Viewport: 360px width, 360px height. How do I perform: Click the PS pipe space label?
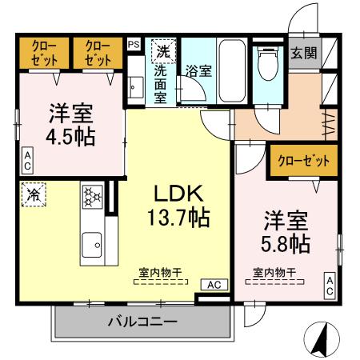[x=133, y=46]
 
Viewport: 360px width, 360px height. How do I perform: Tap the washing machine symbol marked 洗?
[x=163, y=50]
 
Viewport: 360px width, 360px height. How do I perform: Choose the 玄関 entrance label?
[x=303, y=53]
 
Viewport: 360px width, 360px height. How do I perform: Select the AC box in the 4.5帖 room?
[x=27, y=161]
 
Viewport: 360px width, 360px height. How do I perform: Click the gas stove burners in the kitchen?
[x=91, y=197]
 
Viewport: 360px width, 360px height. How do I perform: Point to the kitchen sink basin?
[x=92, y=242]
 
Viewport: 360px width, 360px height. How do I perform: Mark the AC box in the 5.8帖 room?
[x=329, y=286]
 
